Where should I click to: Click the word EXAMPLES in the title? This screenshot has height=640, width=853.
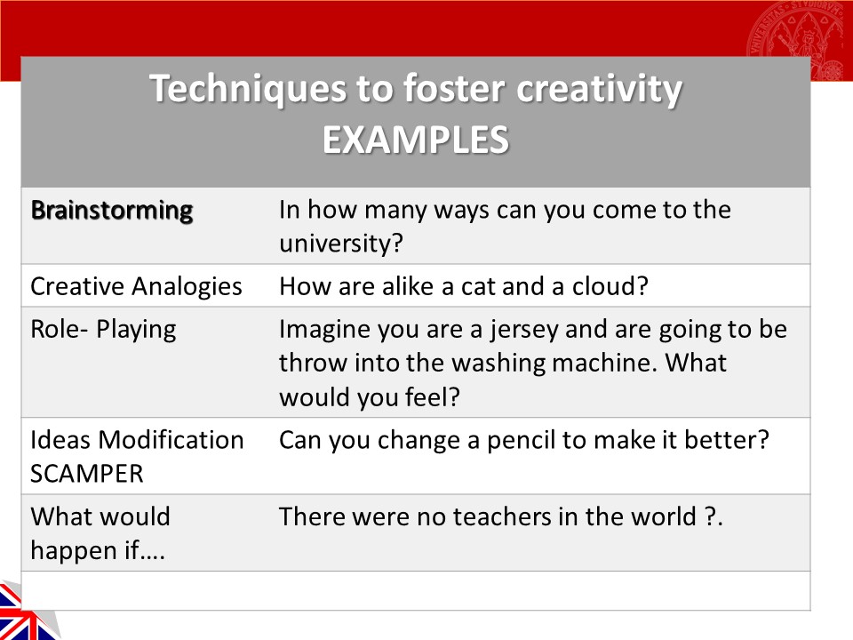click(415, 140)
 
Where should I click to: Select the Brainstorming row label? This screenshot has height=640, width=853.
click(112, 211)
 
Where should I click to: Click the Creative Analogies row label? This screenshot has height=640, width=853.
click(136, 286)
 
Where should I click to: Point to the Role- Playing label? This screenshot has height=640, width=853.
click(103, 329)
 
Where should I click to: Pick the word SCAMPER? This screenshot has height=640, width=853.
click(87, 474)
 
